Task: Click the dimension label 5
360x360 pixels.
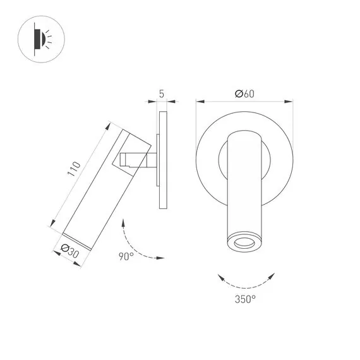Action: (162, 94)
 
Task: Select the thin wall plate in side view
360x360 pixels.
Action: (163, 160)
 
